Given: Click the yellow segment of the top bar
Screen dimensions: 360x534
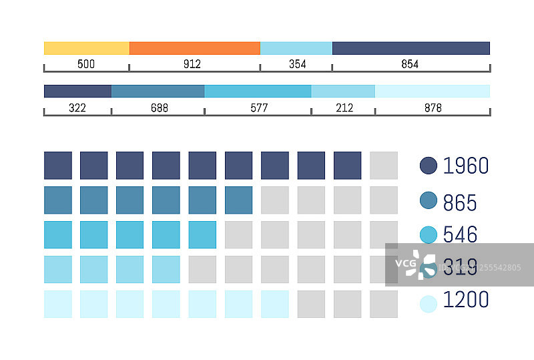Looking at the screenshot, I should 86,48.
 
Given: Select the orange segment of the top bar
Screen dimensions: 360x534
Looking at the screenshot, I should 194,48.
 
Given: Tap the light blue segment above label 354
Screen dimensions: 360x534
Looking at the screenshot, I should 296,48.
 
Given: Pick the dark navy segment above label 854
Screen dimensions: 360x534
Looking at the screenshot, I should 411,48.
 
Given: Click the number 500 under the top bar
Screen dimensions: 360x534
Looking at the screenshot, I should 86,64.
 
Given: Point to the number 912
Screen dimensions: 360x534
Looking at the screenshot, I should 192,64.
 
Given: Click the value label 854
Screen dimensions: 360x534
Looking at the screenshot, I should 410,64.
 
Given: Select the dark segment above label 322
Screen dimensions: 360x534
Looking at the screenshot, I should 77,92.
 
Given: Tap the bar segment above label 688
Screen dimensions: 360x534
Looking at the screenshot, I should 158,92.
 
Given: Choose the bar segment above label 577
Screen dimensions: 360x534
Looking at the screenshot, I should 258,92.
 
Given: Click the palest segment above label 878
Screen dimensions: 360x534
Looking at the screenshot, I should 433,92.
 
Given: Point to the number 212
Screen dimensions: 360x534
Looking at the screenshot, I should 344,108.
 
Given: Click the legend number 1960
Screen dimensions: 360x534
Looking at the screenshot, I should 466,166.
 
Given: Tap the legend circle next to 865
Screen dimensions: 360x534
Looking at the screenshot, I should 429,200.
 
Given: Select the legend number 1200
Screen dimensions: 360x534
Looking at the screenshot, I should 466,300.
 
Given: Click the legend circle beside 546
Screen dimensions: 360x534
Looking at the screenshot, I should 429,234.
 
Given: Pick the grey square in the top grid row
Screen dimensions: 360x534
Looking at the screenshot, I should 383,166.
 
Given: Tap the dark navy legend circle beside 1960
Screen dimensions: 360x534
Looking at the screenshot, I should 429,166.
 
